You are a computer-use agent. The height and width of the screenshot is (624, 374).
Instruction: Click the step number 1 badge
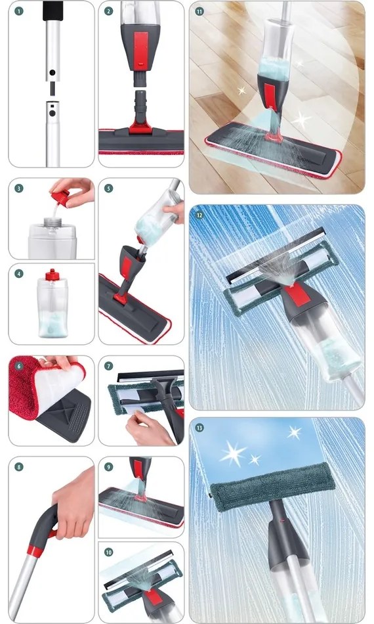[19, 11]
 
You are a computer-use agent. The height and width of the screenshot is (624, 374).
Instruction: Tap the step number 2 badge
[109, 11]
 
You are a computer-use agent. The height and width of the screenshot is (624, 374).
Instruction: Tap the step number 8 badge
[19, 467]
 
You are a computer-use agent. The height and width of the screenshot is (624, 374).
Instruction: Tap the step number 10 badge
[109, 552]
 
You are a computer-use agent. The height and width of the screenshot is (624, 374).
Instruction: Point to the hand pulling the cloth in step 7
[148, 427]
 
